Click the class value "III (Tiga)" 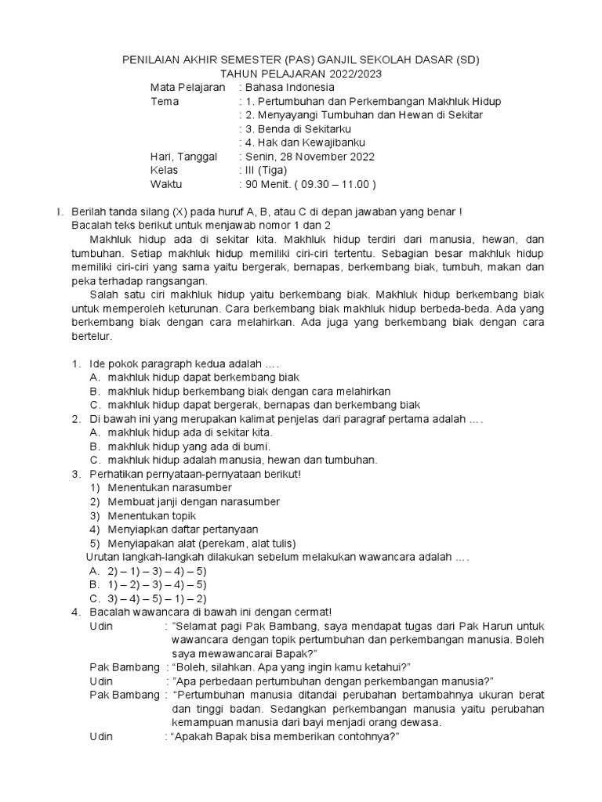tap(267, 171)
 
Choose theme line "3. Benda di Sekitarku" tap(298, 129)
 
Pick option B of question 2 tap(184, 446)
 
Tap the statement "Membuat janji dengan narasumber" tap(194, 501)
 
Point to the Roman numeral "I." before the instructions tap(58, 211)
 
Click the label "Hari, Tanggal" tap(183, 157)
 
